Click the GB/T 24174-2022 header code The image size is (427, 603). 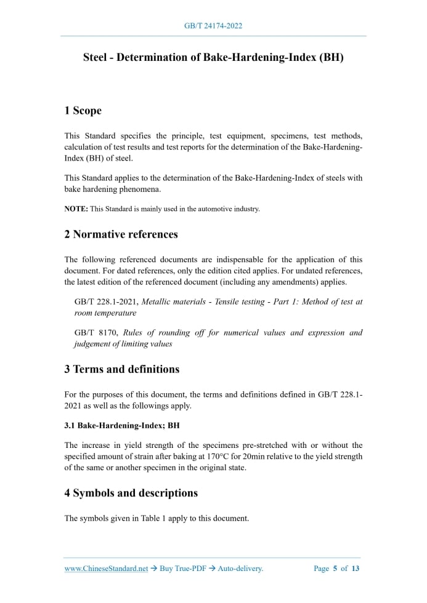pos(213,26)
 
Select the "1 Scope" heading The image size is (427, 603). pos(83,111)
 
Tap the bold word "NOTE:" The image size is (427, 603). pos(76,209)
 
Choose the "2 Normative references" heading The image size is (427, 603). pos(121,234)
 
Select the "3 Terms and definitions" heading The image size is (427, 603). pos(122,369)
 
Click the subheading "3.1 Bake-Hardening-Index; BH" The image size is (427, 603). pos(122,425)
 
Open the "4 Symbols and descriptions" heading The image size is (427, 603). pos(131,493)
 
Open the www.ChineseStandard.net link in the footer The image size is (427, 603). pos(106,569)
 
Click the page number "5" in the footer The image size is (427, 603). pos(335,569)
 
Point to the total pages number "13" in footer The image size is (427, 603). pos(355,569)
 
